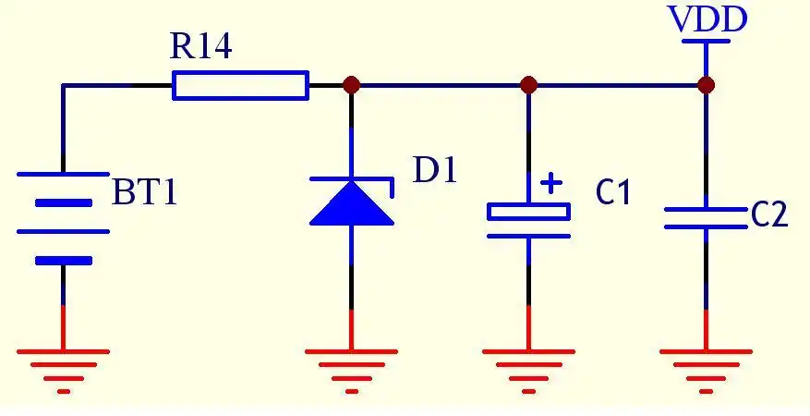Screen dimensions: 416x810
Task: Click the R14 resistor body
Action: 240,85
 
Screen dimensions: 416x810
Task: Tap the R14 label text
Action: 201,49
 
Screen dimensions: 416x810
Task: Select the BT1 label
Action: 144,193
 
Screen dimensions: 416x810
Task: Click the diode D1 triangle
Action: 351,203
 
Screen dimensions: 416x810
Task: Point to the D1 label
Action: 434,171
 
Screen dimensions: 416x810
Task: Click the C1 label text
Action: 613,193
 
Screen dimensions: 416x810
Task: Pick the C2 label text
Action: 768,215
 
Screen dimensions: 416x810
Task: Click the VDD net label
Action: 707,20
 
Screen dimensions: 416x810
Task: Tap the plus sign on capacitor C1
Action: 550,183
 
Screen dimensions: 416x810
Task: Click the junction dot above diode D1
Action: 351,85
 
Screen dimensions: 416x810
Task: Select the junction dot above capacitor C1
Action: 528,85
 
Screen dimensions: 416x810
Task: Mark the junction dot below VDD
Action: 707,85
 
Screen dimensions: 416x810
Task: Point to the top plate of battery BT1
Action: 63,174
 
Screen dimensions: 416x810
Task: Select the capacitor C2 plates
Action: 707,218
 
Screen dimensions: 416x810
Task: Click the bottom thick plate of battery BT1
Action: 63,261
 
